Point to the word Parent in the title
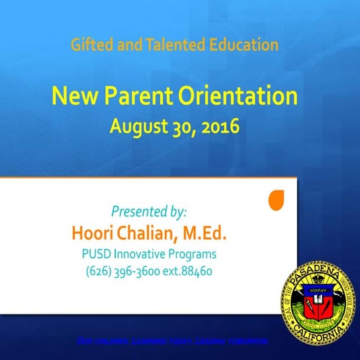click(134, 97)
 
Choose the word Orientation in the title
click(237, 97)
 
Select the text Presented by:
click(149, 212)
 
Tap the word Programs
click(192, 253)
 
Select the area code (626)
click(97, 271)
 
